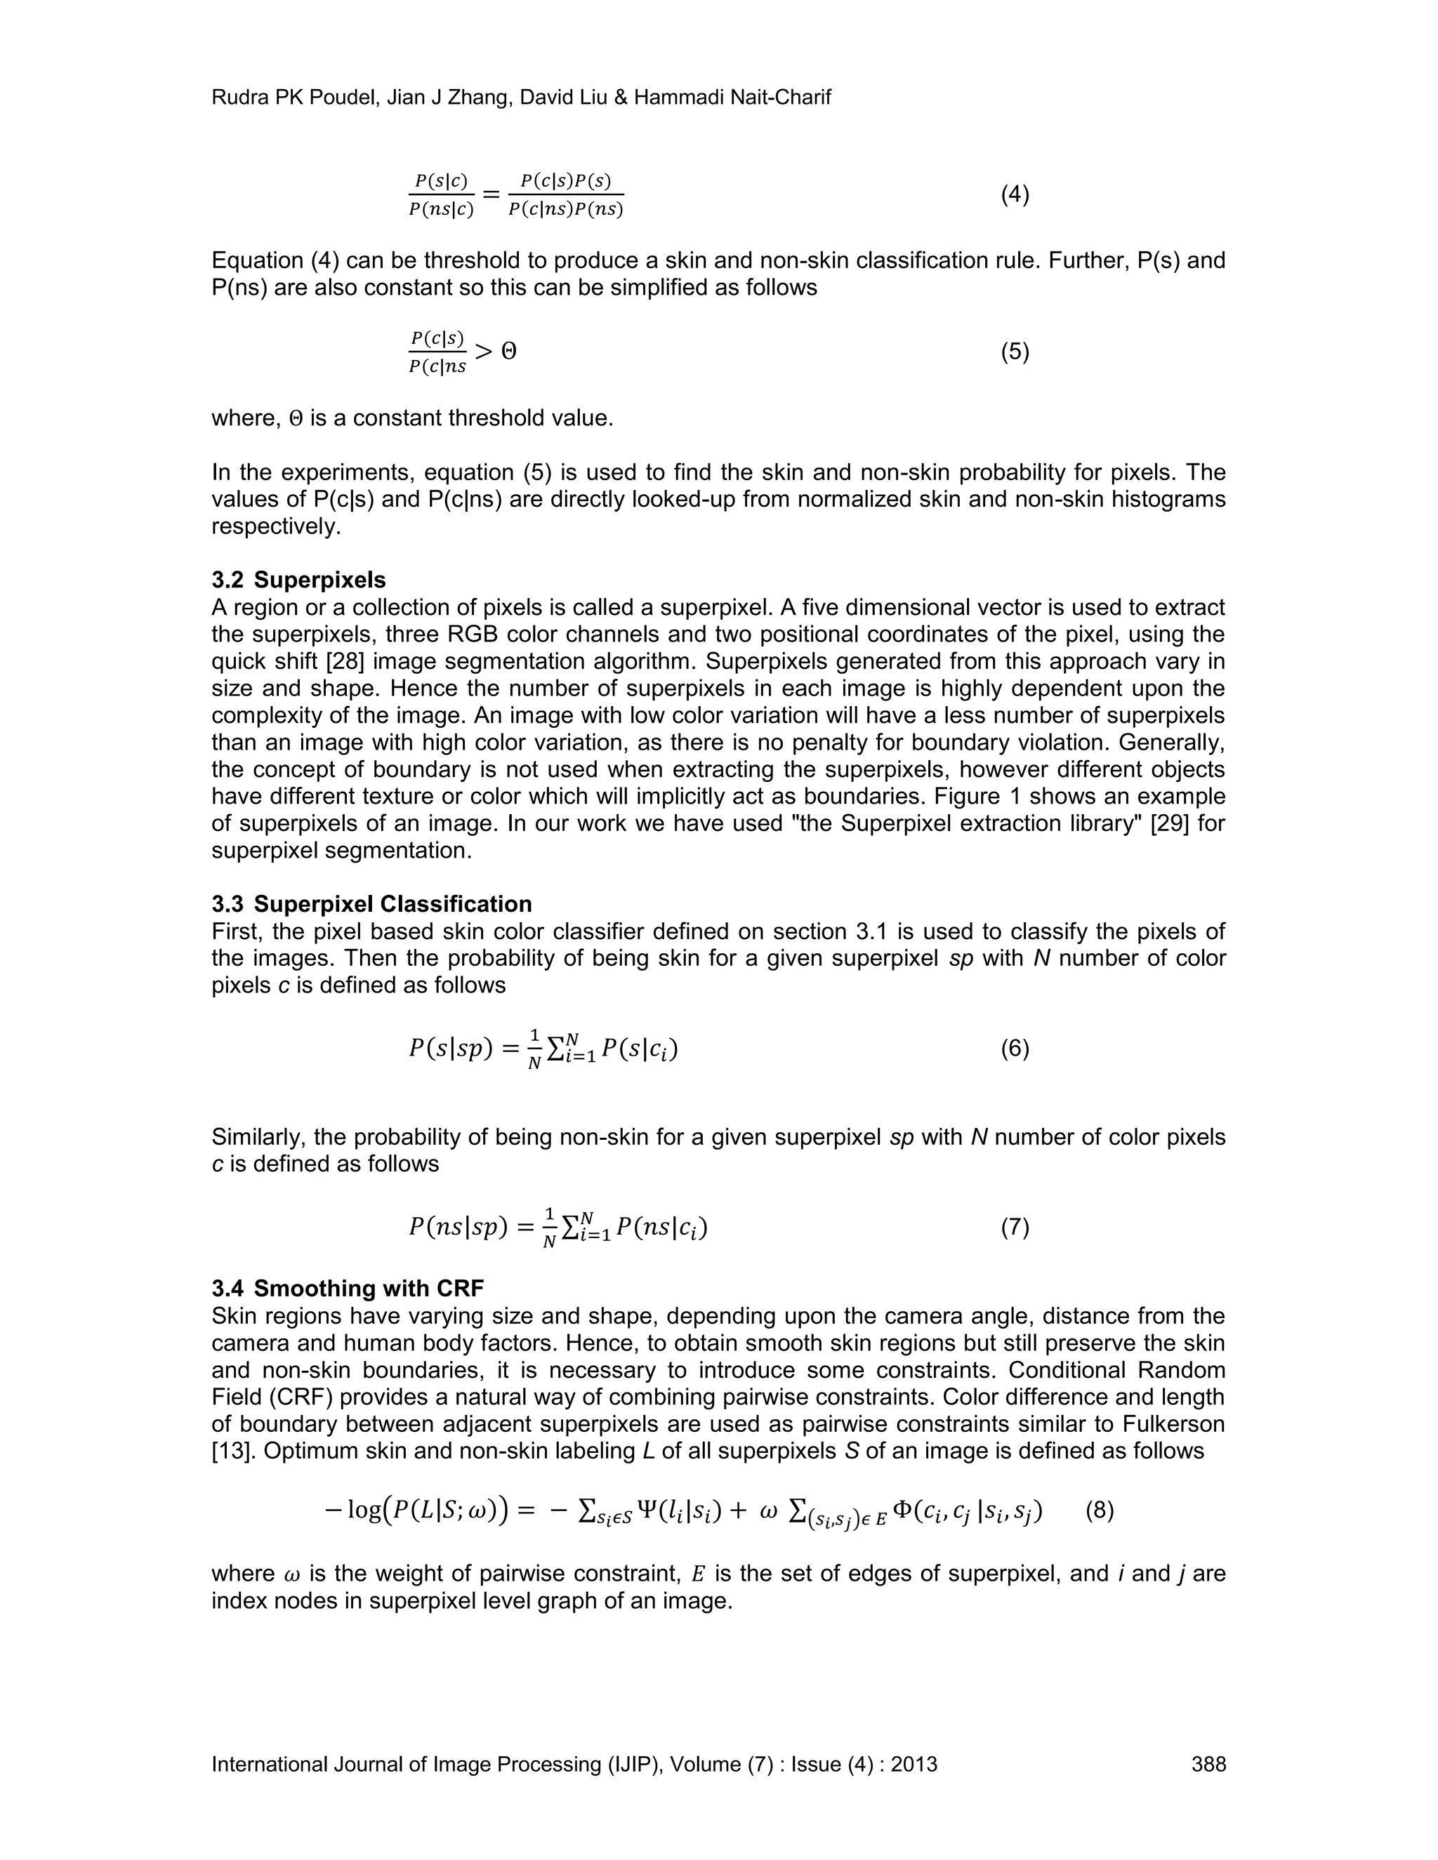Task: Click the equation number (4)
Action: (1015, 195)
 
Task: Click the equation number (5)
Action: (1015, 352)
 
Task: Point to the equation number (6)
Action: (1015, 1049)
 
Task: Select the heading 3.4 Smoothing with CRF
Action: (348, 1289)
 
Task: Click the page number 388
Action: (1208, 1764)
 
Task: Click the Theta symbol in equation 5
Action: (508, 352)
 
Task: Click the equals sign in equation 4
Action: (492, 195)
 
